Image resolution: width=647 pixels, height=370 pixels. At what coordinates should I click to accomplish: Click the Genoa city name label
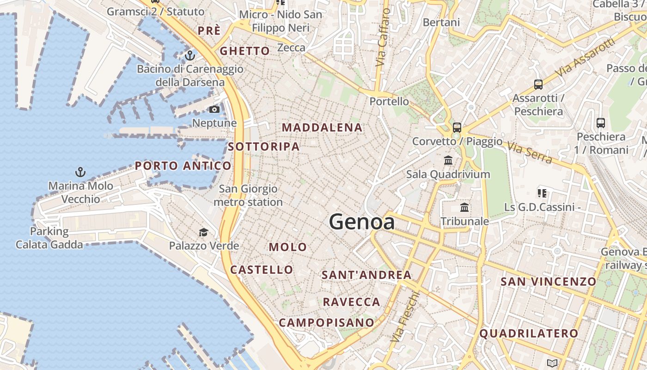coord(362,222)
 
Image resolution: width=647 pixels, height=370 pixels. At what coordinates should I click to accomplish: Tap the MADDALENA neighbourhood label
coord(322,128)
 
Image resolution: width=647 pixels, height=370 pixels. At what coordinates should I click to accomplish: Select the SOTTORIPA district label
coord(263,147)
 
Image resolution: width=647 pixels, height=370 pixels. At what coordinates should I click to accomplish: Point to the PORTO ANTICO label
coord(183,166)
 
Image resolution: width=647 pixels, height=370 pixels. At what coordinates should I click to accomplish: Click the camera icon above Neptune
coord(214,110)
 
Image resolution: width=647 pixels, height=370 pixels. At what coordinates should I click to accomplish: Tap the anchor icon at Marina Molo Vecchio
coord(80,173)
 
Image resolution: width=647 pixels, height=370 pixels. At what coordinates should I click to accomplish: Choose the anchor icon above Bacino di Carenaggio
coord(189,55)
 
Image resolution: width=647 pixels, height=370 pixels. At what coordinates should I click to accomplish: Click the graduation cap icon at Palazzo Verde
coord(203,232)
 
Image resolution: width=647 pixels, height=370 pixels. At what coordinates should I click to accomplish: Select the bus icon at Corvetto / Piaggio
coord(457,128)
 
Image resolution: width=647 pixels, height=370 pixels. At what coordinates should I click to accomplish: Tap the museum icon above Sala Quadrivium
coord(448,160)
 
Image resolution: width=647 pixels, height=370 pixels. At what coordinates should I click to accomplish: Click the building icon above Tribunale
coord(464,208)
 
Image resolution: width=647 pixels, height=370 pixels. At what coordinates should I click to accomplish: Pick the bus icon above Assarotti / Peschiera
coord(538,85)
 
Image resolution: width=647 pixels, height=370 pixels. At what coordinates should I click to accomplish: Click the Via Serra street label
coord(530,153)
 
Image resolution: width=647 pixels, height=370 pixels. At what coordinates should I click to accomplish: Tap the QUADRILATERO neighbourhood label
coord(529,333)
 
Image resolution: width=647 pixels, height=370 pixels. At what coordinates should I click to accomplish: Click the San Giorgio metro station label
coord(248,196)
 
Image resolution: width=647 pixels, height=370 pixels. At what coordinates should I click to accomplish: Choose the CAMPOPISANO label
coord(326,322)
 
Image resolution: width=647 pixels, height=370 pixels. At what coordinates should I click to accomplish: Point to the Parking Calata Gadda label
coord(49,238)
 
